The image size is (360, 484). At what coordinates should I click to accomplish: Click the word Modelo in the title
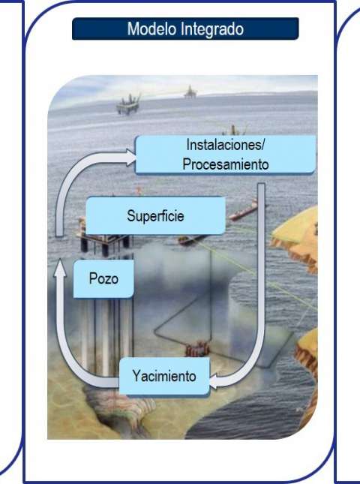(152, 29)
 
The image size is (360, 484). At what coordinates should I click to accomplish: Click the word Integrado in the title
(212, 29)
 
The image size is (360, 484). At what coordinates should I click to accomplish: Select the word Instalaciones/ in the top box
(226, 145)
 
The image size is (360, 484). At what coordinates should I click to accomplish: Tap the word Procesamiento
(226, 164)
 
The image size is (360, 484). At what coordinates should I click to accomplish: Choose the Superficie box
(155, 216)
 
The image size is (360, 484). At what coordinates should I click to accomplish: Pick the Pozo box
(103, 278)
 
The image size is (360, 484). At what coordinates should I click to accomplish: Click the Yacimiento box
(164, 376)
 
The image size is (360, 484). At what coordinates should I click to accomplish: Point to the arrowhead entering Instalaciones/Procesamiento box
(130, 158)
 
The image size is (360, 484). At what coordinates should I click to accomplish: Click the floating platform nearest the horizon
(190, 92)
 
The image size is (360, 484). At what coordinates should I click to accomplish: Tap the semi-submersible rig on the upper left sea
(128, 104)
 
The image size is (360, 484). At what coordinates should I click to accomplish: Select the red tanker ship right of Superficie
(244, 211)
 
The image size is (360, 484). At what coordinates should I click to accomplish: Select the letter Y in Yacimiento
(136, 375)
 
